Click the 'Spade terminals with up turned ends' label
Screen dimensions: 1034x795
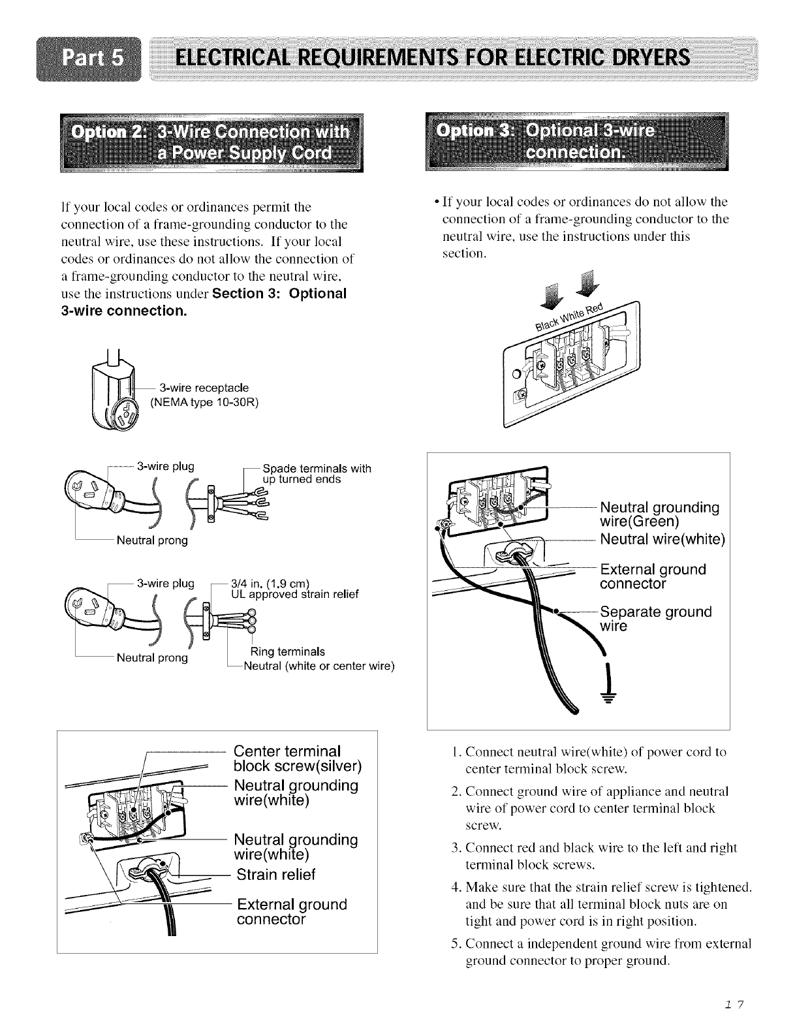click(x=316, y=473)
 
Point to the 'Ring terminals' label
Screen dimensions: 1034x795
click(x=288, y=651)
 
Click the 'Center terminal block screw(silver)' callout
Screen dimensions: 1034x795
click(x=297, y=759)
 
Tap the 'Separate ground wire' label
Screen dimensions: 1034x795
click(x=655, y=619)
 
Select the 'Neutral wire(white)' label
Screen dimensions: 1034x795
click(x=662, y=540)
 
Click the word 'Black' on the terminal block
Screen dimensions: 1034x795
click(x=546, y=322)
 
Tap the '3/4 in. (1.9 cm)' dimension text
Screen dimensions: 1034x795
click(x=270, y=583)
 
